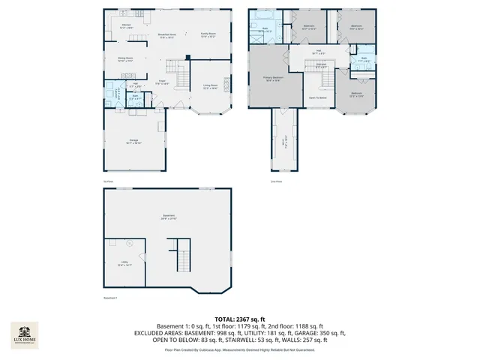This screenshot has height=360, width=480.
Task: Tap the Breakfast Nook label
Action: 166,34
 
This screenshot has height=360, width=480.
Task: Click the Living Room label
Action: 210,86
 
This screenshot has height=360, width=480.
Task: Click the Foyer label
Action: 160,83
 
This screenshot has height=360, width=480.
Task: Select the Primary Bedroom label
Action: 272,78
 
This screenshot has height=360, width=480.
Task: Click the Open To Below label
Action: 318,98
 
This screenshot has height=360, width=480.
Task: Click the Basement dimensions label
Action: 169,217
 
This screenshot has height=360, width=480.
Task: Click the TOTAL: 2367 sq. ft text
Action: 240,319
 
